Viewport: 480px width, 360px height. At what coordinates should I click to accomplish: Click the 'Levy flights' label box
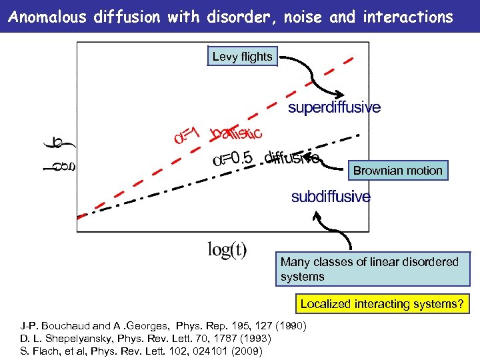(x=242, y=57)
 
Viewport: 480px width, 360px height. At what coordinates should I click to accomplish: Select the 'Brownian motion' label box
(x=397, y=171)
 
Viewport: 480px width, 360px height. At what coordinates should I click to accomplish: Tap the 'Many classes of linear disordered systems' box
(x=373, y=269)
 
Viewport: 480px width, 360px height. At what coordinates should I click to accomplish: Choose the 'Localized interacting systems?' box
(x=381, y=304)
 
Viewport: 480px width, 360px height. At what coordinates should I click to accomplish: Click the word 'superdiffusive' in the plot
(x=334, y=107)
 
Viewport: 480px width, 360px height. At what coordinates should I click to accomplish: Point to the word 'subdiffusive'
(x=331, y=197)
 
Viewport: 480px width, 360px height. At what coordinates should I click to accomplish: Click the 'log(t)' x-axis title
(x=227, y=250)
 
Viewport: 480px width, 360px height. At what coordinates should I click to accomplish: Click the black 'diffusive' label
(x=292, y=157)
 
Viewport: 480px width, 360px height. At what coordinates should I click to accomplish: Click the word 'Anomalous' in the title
(x=47, y=17)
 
